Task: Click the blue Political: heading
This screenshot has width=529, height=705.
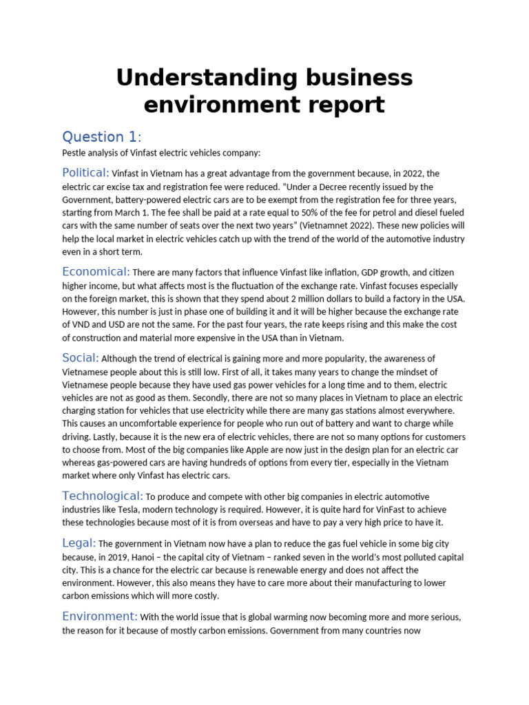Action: [x=85, y=172]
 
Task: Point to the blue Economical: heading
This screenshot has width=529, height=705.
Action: [x=96, y=271]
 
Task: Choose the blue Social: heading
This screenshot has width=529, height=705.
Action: [x=81, y=357]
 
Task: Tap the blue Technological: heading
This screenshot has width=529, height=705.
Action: [x=103, y=496]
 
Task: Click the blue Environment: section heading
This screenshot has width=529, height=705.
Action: [x=100, y=615]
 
